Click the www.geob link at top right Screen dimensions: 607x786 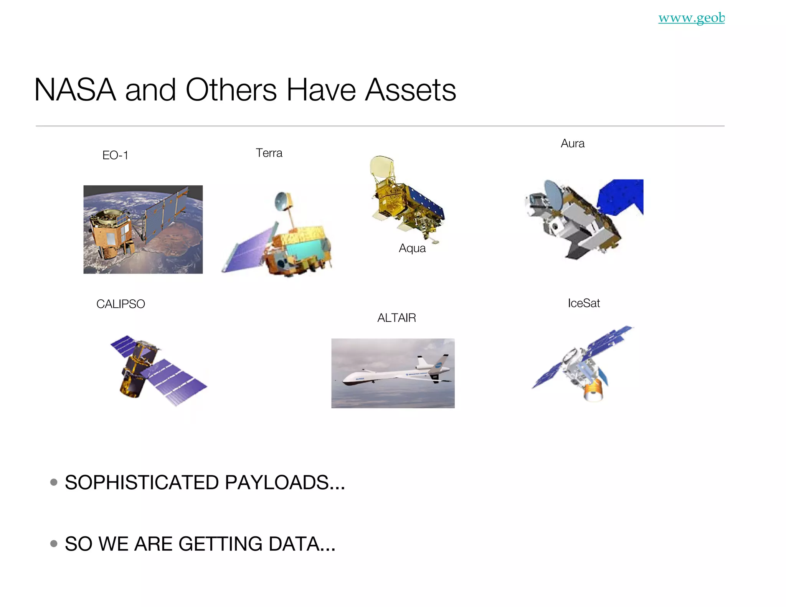(x=691, y=18)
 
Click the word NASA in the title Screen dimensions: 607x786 (x=75, y=90)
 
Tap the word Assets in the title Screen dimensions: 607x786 (x=410, y=90)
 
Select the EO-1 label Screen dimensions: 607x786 (x=115, y=155)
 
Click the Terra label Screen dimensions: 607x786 (x=269, y=153)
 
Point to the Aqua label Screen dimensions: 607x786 (x=412, y=248)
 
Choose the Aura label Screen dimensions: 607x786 (x=573, y=144)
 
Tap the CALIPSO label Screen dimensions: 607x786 (x=121, y=304)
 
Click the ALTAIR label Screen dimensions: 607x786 (x=396, y=318)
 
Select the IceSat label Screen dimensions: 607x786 (x=584, y=303)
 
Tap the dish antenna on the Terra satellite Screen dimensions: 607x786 (x=282, y=200)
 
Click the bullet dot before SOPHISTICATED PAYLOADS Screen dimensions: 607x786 (x=54, y=482)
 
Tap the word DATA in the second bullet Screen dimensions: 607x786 (x=302, y=544)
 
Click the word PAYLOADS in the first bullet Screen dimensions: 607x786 (x=285, y=482)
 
